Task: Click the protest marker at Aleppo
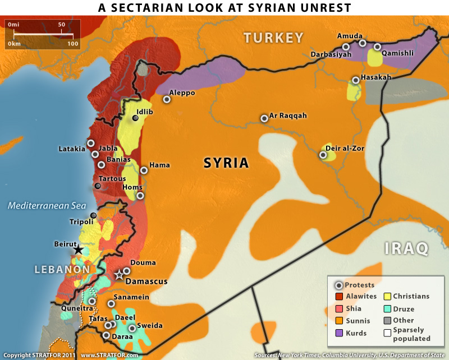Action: pos(167,99)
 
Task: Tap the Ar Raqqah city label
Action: pos(288,116)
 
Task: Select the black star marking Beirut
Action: pos(79,250)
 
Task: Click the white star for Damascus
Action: pos(118,275)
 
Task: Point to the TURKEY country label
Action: pos(273,38)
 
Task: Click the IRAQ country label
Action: pos(406,247)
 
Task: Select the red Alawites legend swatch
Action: pos(339,297)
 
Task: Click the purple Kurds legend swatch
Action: pos(339,333)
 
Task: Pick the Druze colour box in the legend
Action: pos(387,309)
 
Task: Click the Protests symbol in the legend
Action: pos(339,285)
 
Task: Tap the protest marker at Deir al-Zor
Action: pos(323,155)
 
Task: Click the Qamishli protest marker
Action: pos(377,47)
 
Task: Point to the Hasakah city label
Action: pos(375,77)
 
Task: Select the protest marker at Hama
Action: pos(144,170)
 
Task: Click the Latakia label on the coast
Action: pos(72,149)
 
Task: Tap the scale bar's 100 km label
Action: pos(73,43)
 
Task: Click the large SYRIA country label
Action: pos(226,163)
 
